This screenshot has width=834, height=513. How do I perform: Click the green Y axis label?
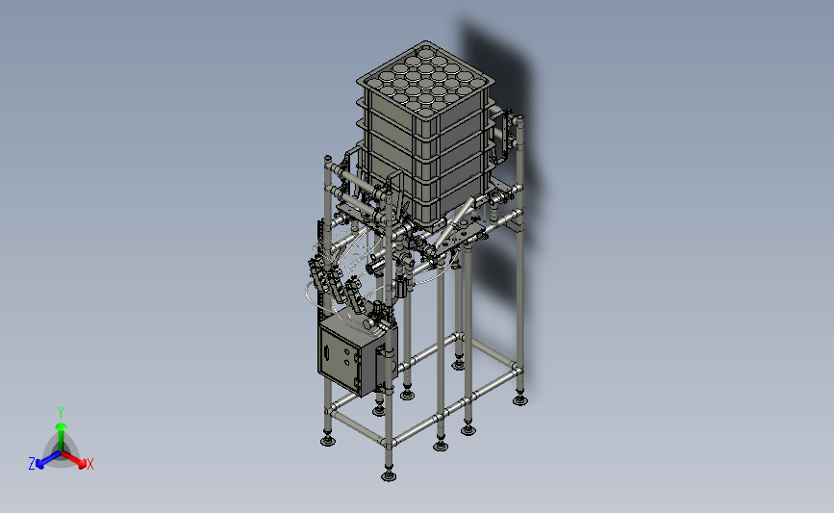point(60,413)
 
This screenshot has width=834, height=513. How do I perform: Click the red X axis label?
point(89,464)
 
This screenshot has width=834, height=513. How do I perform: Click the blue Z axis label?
point(32,464)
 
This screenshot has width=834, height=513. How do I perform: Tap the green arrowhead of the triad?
point(61,426)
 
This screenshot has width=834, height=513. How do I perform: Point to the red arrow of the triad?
point(72,459)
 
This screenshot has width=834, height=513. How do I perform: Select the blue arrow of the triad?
point(48,460)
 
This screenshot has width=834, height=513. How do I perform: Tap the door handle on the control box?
point(327,352)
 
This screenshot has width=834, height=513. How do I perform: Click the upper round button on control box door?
point(346,351)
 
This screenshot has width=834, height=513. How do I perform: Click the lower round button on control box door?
point(347,363)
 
